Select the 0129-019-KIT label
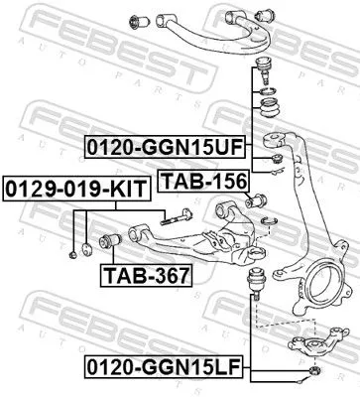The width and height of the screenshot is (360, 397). pos(60,186)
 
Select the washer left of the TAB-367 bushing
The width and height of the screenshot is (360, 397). pos(90,246)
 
